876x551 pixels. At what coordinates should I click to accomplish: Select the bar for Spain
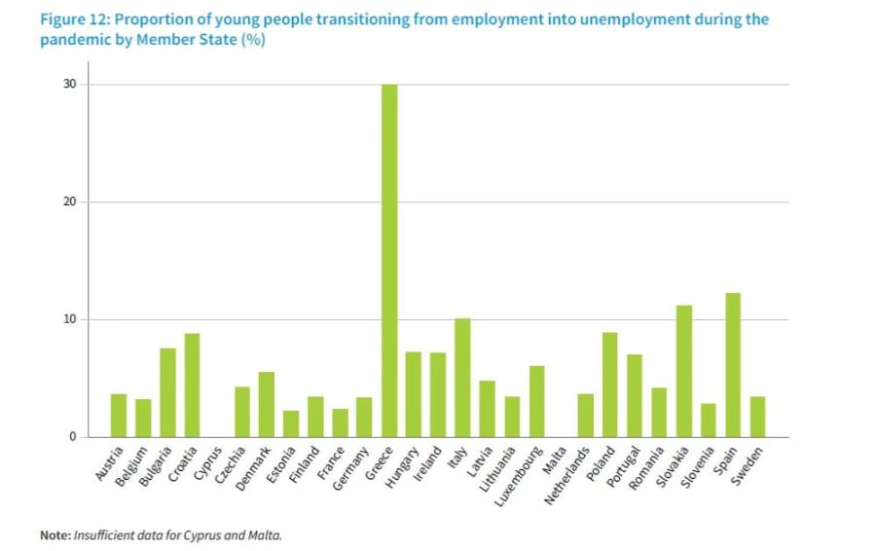733,365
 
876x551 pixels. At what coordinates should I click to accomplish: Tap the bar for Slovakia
684,371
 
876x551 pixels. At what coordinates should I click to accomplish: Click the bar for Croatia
193,386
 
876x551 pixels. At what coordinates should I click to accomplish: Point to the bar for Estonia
291,423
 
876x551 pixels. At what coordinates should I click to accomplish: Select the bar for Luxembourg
536,401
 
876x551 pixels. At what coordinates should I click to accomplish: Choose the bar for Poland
610,385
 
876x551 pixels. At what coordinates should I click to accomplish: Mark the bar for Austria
119,416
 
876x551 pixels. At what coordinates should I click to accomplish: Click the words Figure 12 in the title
75,19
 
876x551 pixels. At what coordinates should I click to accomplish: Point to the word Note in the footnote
55,534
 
